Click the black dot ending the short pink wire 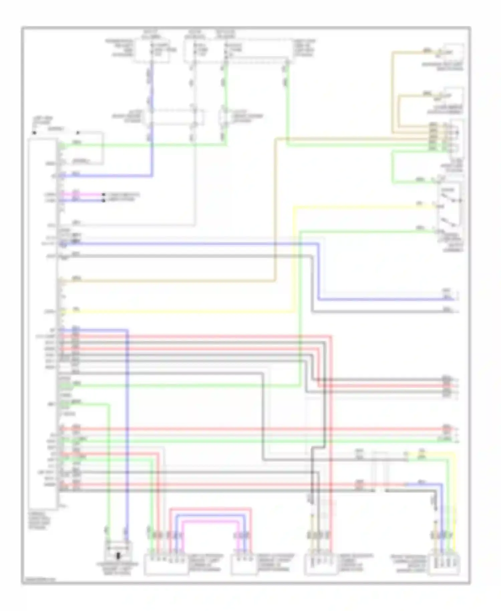104,194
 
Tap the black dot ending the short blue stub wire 104,200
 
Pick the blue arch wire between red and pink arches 210,516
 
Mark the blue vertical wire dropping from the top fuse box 152,100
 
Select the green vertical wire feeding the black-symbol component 108,468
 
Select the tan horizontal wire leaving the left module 167,281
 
